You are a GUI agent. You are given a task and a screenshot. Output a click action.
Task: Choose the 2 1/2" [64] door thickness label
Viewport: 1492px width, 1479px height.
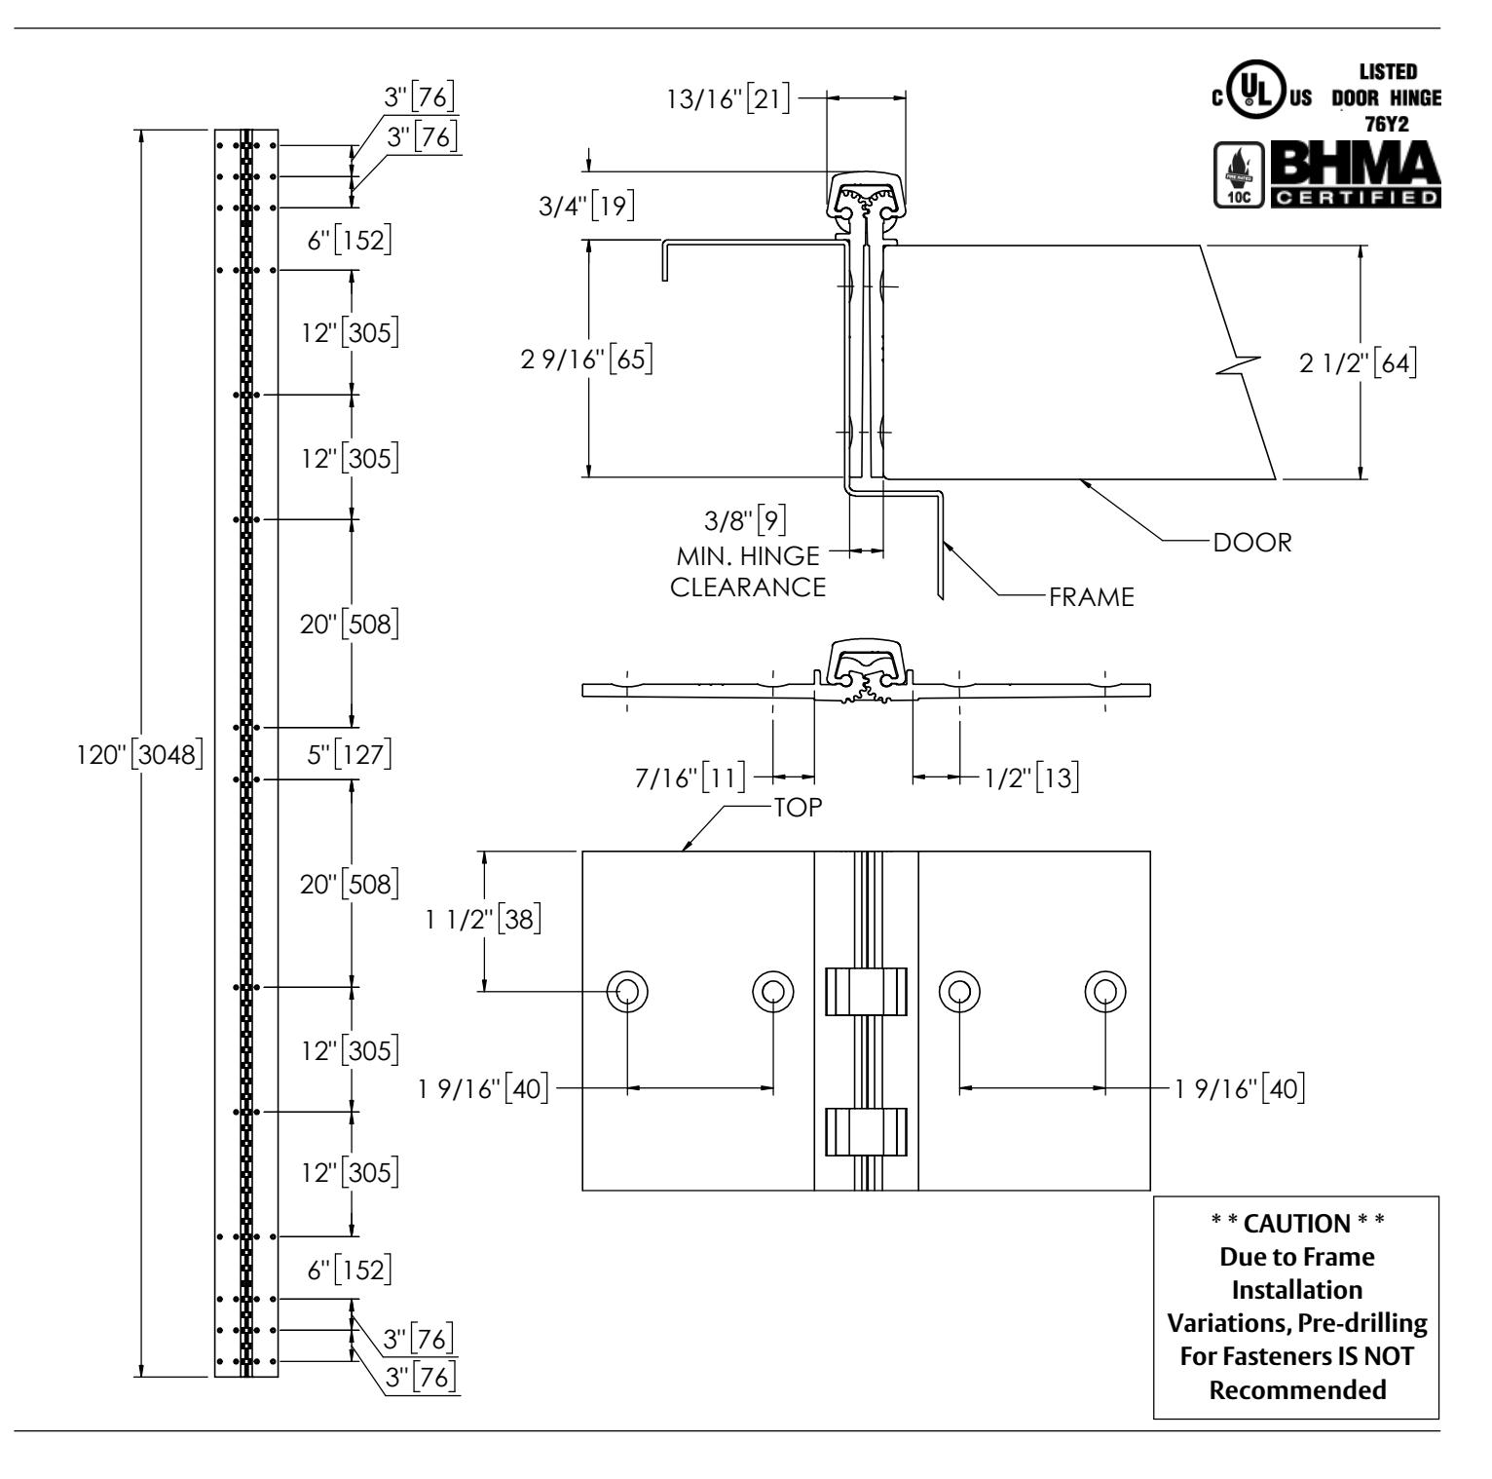pos(1357,363)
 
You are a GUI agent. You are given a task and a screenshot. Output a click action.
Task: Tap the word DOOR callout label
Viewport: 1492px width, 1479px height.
pos(1252,543)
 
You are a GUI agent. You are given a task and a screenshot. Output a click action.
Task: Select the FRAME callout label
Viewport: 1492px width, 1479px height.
pos(1092,596)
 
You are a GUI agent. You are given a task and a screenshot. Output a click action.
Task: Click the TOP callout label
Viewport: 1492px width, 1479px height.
pos(799,807)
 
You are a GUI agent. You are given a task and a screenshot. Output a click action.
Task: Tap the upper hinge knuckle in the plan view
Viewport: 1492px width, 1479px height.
pos(866,992)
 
